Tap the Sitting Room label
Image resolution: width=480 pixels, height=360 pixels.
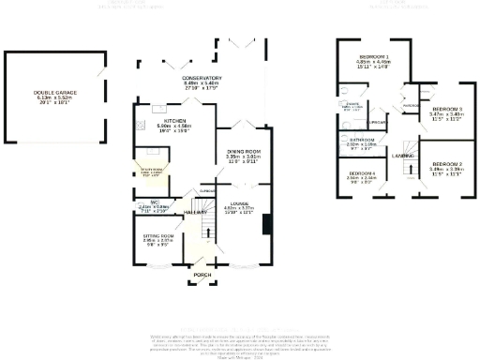[151, 238]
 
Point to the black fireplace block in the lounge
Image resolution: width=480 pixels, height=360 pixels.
[268, 225]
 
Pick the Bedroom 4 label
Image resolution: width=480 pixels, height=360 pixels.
[363, 176]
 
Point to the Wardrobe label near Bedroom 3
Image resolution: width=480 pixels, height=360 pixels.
[410, 105]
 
